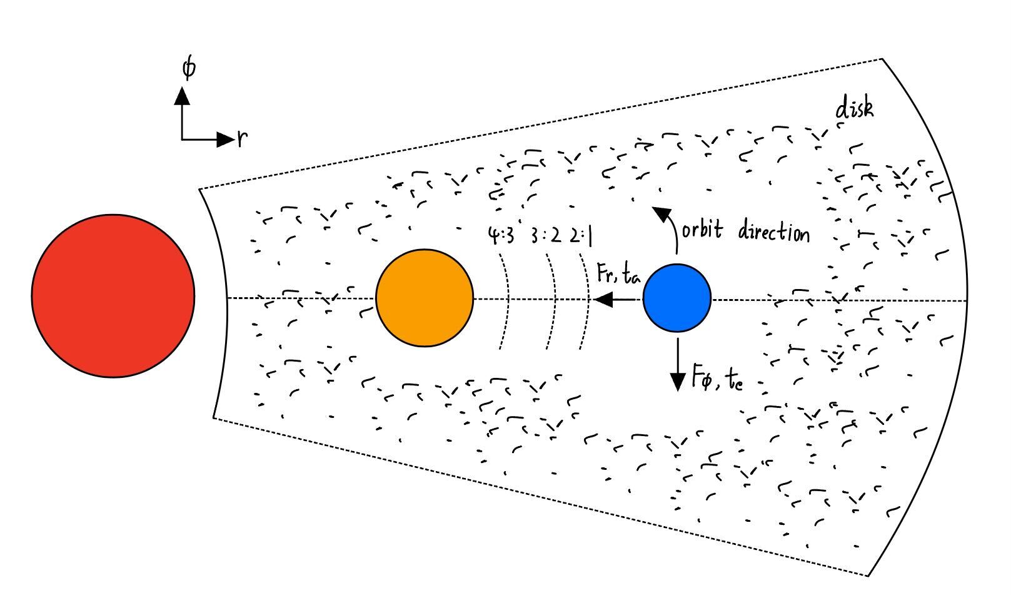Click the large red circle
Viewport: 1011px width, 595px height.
[x=113, y=295]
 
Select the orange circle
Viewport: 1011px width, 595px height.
[x=425, y=298]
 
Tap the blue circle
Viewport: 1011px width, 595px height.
[x=677, y=298]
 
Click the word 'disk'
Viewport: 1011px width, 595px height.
[x=855, y=109]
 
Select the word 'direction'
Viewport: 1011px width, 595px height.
[x=773, y=233]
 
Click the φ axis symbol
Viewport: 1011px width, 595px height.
[x=188, y=68]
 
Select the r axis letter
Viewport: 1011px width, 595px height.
[x=242, y=139]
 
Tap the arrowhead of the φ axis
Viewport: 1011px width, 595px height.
[x=182, y=96]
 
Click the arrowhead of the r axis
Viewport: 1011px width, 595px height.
[x=224, y=139]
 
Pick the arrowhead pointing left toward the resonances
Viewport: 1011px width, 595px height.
[x=603, y=299]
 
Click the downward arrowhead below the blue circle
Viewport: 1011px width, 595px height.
[x=678, y=381]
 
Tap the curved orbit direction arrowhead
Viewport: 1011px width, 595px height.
[x=660, y=215]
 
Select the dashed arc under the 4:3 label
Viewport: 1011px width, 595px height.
[x=508, y=300]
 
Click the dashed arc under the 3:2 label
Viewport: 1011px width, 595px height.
[x=554, y=300]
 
